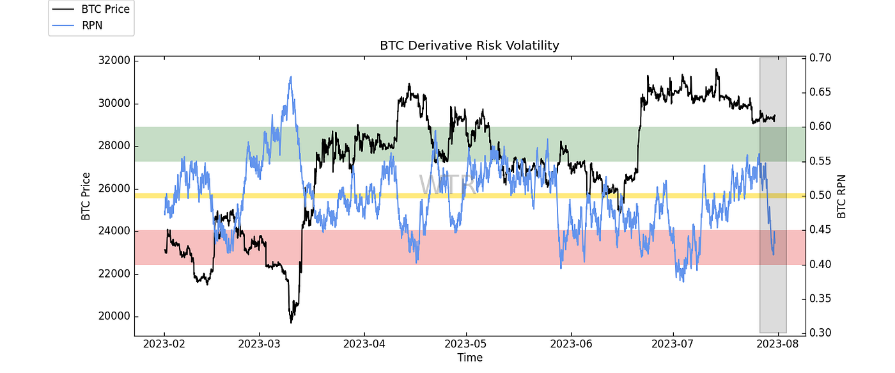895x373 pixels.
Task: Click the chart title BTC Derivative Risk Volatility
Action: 470,45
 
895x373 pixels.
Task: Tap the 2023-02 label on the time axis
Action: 164,345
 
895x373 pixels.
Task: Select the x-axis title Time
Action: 470,358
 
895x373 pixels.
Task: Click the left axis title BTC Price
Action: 86,196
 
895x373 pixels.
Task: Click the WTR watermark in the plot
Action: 447,185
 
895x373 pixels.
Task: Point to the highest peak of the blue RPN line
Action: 291,77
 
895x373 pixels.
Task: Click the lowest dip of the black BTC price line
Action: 291,322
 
